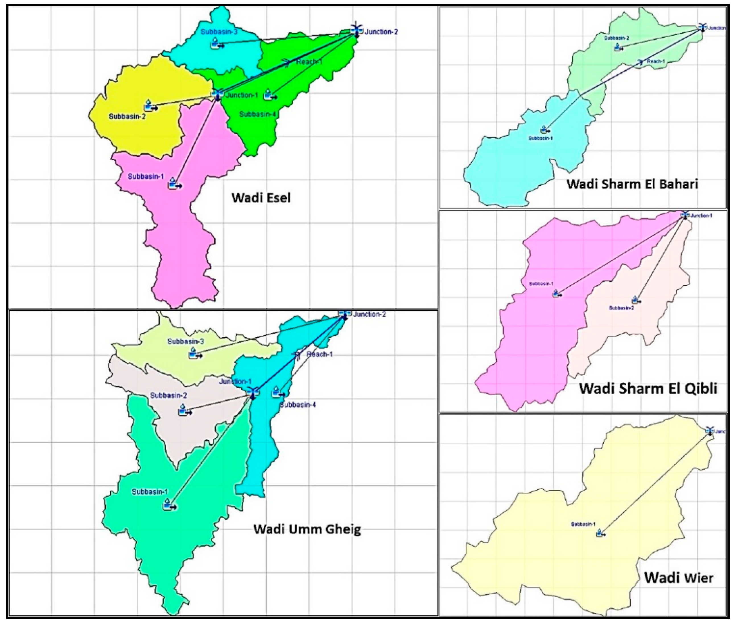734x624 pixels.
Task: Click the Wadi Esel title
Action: point(261,197)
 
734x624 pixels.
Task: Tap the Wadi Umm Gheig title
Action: point(307,529)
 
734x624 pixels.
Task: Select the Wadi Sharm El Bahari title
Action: point(632,184)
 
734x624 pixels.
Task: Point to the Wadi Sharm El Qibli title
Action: point(648,388)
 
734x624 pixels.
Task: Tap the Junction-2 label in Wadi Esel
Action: point(381,32)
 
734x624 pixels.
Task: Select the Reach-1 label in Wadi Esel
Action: point(309,62)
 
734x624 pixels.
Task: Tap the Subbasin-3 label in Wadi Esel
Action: point(219,32)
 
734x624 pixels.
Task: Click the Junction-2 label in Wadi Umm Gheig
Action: point(369,314)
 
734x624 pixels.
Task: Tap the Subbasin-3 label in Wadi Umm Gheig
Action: point(185,341)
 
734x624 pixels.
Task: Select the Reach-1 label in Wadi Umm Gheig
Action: point(319,354)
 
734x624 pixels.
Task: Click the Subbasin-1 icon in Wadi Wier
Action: point(600,533)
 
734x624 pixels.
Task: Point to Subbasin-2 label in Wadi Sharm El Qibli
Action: point(621,308)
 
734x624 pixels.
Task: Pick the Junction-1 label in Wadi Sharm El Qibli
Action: point(702,215)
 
